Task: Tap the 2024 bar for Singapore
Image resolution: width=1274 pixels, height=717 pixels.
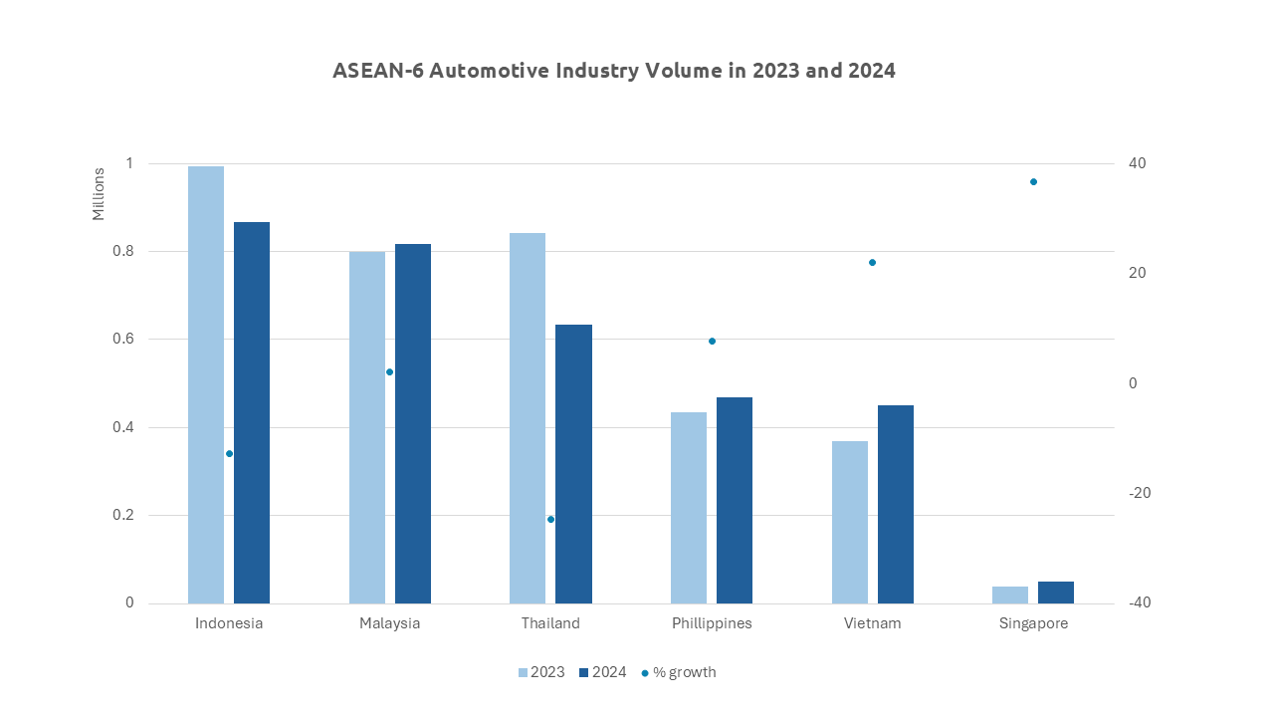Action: [1056, 593]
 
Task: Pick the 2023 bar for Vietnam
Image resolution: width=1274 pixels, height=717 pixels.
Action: [850, 522]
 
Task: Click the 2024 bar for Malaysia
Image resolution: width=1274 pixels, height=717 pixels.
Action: [413, 423]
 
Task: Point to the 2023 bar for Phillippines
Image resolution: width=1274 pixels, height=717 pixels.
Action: [689, 508]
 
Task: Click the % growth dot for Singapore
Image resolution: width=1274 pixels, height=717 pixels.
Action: [1033, 182]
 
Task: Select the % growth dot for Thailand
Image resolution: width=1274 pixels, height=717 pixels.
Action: [550, 519]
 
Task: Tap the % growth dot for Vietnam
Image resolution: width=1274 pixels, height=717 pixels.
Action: [872, 263]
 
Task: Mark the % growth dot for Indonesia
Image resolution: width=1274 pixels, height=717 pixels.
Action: [229, 453]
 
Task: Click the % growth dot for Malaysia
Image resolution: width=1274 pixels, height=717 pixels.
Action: [390, 372]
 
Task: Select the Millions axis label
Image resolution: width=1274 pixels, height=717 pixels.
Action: [98, 194]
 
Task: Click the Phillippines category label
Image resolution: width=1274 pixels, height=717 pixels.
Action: [712, 624]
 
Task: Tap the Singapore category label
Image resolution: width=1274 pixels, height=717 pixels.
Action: [1033, 624]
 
